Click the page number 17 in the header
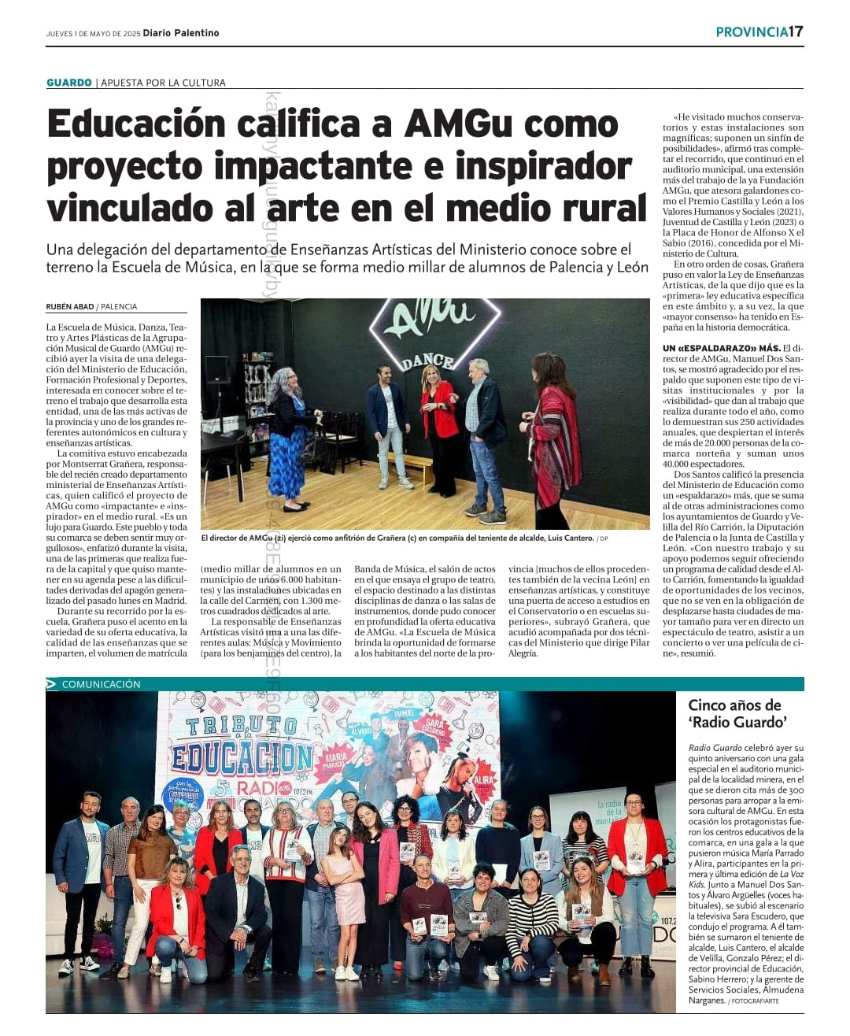796,31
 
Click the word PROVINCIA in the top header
752,31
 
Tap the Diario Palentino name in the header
181,33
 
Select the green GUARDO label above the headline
69,83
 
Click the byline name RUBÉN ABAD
70,307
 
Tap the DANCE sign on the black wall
428,361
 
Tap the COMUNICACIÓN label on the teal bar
101,684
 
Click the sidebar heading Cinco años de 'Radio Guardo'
737,713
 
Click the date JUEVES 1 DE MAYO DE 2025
93,34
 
